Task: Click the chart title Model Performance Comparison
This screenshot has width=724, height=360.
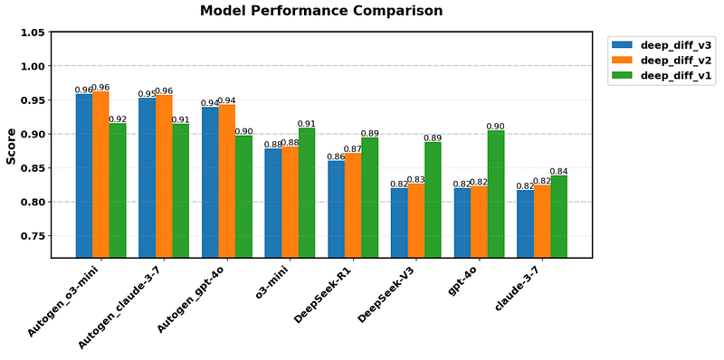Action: pos(321,12)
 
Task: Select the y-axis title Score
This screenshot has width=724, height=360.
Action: pos(12,146)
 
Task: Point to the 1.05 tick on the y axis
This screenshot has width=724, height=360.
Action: pos(33,33)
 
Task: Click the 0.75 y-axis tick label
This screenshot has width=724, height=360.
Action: pos(33,236)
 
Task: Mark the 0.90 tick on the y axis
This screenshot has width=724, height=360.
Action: pos(33,134)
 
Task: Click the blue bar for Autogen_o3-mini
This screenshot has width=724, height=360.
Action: pos(83,175)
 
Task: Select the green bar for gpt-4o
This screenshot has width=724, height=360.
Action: pos(496,194)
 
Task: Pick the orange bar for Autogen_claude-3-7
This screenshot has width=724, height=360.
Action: pos(163,176)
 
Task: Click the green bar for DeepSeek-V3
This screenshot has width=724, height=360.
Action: pos(433,200)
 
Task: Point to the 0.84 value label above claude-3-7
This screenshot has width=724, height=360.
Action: pos(559,171)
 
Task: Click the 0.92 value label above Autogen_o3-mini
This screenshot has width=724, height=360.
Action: pos(118,118)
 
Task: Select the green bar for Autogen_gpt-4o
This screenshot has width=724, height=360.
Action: pos(243,196)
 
